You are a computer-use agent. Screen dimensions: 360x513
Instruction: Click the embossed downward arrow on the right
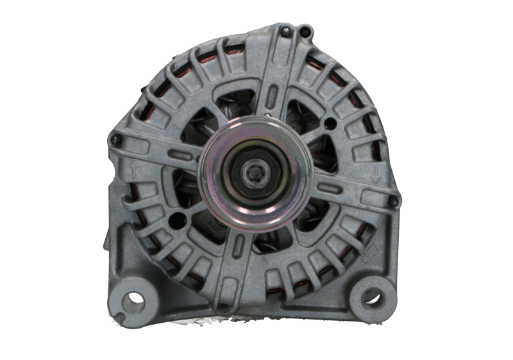375,173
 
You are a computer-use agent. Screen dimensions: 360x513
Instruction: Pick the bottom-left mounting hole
133,298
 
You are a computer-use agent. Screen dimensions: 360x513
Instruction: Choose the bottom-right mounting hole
371,296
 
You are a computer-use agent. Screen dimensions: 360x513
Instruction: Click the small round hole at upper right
330,123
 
